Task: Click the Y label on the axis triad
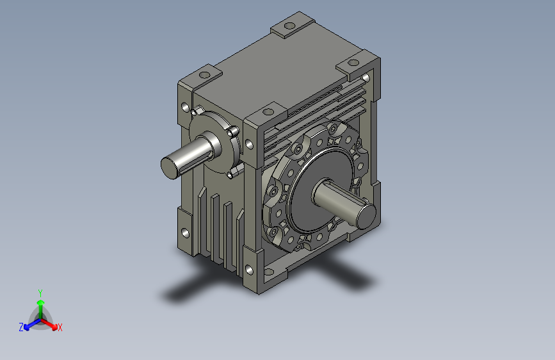40,293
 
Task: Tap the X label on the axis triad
60,327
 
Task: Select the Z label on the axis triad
21,327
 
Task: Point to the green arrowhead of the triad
41,302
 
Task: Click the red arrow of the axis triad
49,323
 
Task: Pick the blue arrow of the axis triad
33,324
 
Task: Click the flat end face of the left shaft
168,168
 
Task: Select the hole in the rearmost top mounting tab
289,26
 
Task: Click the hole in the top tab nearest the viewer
268,112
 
